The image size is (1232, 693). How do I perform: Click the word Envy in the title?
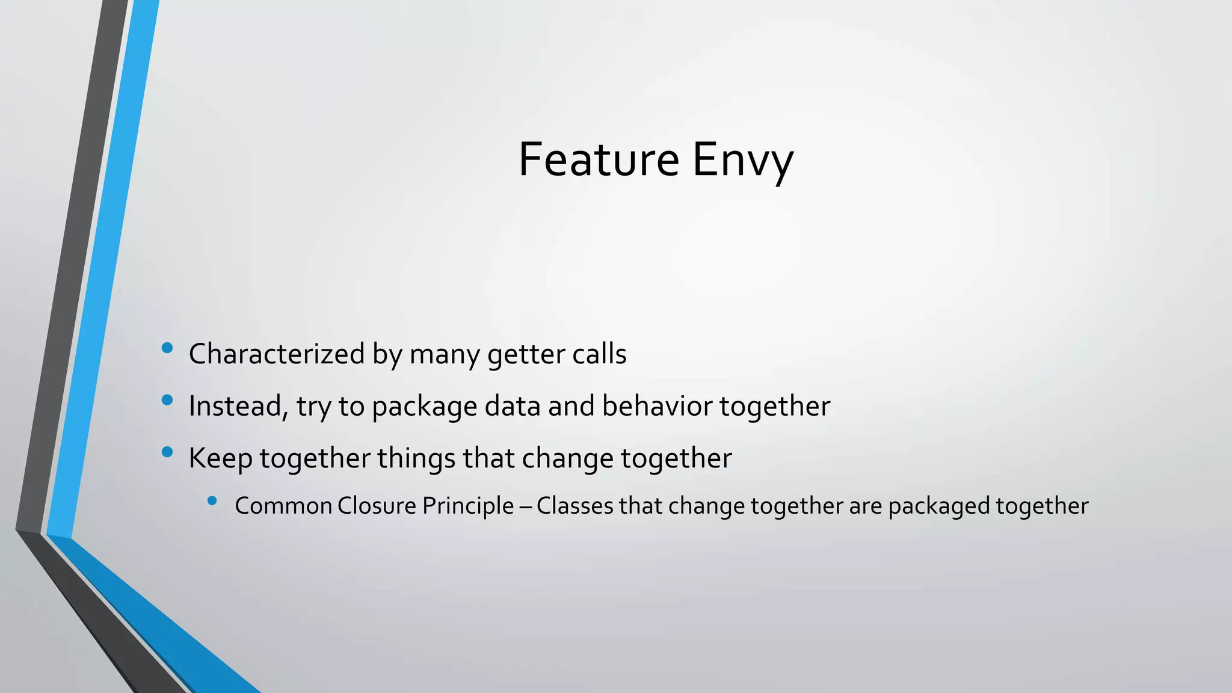[743, 161]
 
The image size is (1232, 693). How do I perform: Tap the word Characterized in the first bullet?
[277, 354]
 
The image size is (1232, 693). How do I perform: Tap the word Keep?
[220, 458]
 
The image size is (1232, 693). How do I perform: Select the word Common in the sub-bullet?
[283, 506]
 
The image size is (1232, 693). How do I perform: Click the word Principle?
[468, 506]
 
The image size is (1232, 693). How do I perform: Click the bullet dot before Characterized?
[167, 348]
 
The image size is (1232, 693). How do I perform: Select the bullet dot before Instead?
[167, 399]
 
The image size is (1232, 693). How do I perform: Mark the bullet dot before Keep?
[167, 452]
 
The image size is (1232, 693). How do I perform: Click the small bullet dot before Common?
[212, 500]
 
